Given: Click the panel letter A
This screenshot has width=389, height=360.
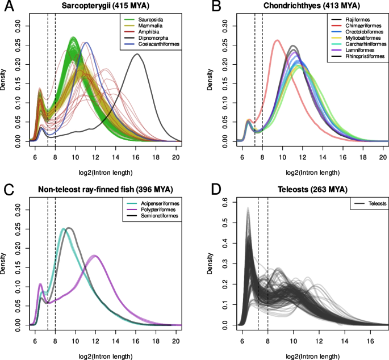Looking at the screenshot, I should [x=9, y=7].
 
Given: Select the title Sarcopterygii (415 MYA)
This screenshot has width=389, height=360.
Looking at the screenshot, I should [x=102, y=6].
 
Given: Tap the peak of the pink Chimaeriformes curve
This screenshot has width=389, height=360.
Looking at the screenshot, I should [x=277, y=40].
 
